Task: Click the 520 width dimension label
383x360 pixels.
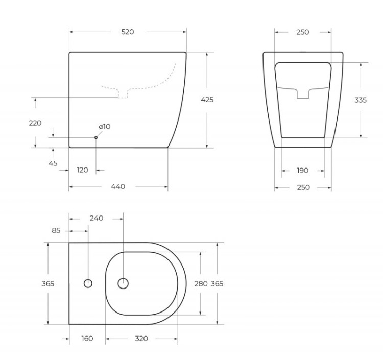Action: point(127,32)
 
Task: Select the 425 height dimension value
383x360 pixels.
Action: point(207,100)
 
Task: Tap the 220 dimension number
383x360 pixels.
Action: point(35,123)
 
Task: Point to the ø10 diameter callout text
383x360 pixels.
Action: point(104,127)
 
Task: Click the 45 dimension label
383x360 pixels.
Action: point(53,163)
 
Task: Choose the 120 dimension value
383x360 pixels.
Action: point(82,170)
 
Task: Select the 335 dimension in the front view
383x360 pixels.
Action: point(361,100)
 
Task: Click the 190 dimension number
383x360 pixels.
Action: point(302,171)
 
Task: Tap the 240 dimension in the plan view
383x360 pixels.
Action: point(96,218)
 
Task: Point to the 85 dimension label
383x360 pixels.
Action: point(56,231)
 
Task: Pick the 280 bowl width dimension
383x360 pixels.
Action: point(201,283)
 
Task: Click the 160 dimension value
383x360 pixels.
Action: point(87,338)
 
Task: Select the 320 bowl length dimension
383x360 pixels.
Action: point(141,338)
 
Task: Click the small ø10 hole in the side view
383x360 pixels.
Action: point(96,137)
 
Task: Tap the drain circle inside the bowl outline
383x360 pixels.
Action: point(123,283)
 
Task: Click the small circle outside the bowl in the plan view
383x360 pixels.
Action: point(88,283)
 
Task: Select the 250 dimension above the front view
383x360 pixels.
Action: point(302,32)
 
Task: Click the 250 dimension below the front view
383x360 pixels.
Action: point(303,187)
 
